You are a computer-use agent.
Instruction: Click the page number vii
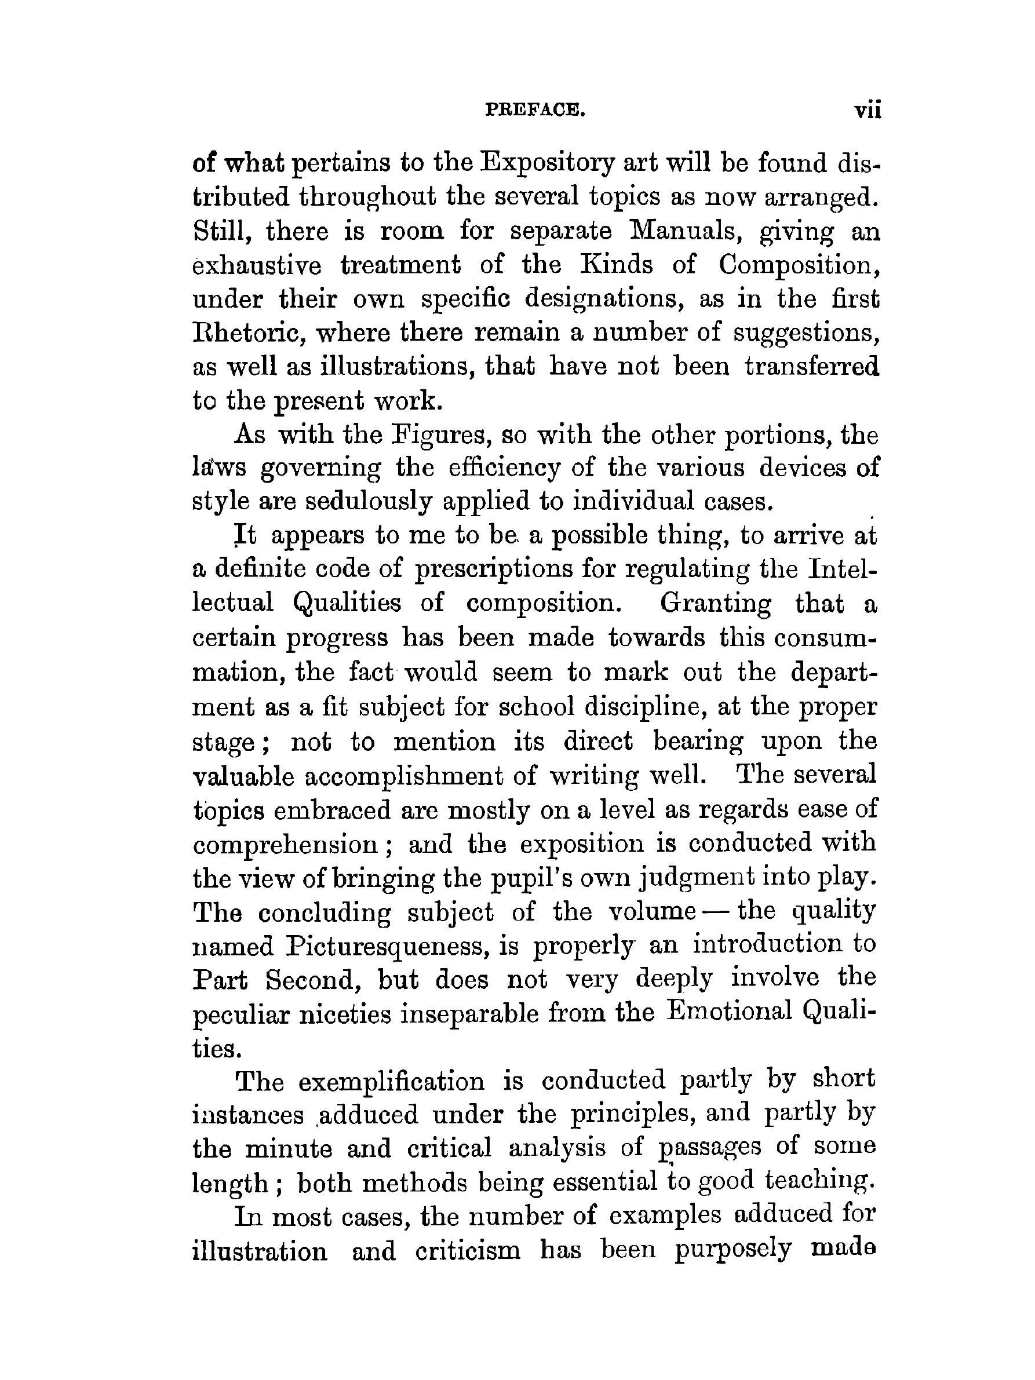tap(867, 111)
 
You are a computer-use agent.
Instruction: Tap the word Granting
tap(715, 603)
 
